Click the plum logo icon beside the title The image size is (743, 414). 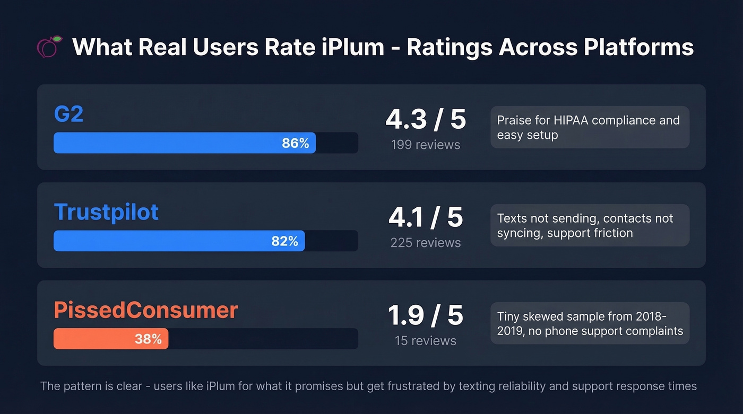(50, 47)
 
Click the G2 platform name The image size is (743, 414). (68, 114)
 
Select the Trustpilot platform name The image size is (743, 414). (106, 212)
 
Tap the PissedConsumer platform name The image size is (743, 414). (145, 310)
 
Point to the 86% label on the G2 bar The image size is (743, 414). (295, 143)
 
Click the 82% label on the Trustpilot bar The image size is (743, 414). (284, 241)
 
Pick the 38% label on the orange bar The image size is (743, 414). (148, 339)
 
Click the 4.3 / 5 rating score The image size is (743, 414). (426, 119)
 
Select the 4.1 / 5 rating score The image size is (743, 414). (426, 217)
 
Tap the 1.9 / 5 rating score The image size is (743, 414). (426, 315)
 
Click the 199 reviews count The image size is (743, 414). (426, 145)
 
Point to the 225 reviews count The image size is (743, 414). (426, 243)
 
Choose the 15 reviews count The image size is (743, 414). (426, 341)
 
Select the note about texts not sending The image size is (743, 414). (589, 225)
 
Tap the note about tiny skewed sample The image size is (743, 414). (589, 323)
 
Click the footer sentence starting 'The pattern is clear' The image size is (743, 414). (368, 386)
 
